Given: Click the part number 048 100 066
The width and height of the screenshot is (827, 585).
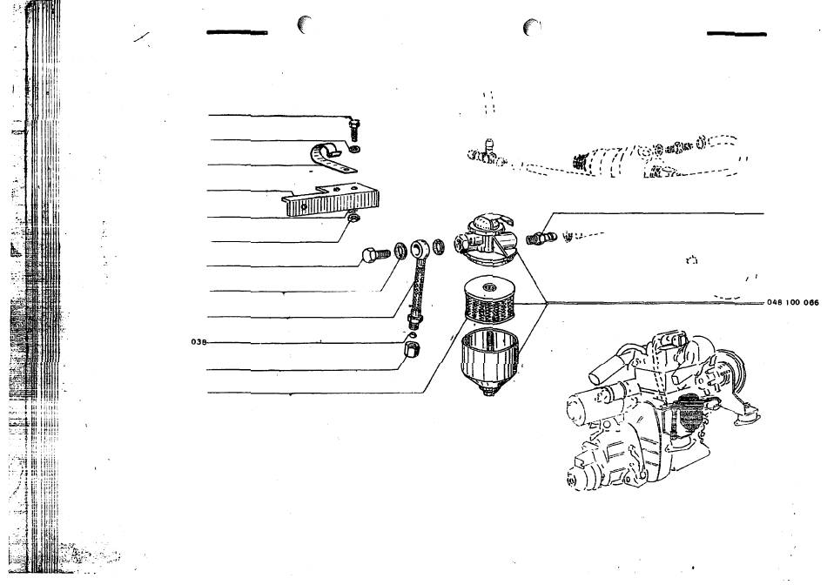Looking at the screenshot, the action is [x=793, y=302].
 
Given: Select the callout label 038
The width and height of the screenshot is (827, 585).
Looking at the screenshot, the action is [x=198, y=342].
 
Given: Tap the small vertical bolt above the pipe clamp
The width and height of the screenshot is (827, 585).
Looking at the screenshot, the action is [x=354, y=129].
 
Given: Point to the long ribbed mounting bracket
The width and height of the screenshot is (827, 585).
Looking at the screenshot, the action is [x=331, y=199].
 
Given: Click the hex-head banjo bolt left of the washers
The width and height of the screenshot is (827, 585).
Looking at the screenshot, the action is [x=375, y=255].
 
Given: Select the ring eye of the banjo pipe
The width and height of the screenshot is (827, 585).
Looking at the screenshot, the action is [x=420, y=248].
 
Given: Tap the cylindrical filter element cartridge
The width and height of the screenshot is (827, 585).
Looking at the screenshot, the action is [x=489, y=300].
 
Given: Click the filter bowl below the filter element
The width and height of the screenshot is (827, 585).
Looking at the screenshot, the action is [x=489, y=360].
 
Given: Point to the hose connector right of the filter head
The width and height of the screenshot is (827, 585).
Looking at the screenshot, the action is [x=541, y=238].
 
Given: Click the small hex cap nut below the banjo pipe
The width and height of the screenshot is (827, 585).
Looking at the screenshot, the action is [x=412, y=349].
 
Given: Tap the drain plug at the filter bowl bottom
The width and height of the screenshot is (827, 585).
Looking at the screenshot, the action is [x=489, y=391].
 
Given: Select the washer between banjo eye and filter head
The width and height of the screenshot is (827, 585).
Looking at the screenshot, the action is [x=439, y=246].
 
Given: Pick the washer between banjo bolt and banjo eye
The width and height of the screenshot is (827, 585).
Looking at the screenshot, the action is [x=400, y=251].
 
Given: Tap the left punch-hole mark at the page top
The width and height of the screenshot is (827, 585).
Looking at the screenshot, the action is [x=305, y=24].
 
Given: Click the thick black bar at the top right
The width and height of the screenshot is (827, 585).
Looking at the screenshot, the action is [x=736, y=34].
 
